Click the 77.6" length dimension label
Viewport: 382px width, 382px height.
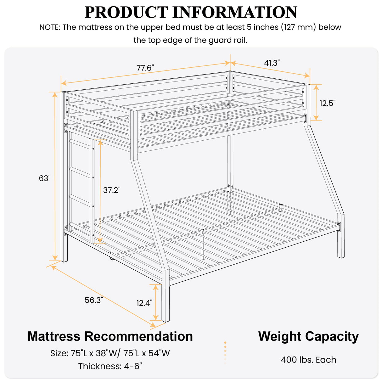(145, 68)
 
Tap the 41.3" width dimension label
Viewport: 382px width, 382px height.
(272, 63)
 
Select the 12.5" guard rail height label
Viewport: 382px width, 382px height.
(328, 103)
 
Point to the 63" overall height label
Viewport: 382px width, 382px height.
(45, 178)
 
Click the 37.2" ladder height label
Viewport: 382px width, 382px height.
(112, 190)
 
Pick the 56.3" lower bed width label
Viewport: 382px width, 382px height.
(94, 300)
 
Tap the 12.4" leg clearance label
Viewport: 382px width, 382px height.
(144, 303)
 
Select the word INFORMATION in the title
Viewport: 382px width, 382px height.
(235, 12)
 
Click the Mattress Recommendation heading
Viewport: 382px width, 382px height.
(110, 336)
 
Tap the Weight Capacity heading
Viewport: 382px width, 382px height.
(308, 336)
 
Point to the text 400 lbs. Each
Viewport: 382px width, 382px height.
(308, 360)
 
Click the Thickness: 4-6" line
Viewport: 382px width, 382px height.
(110, 366)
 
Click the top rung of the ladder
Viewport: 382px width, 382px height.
(81, 144)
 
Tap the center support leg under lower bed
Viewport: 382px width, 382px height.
(204, 245)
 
